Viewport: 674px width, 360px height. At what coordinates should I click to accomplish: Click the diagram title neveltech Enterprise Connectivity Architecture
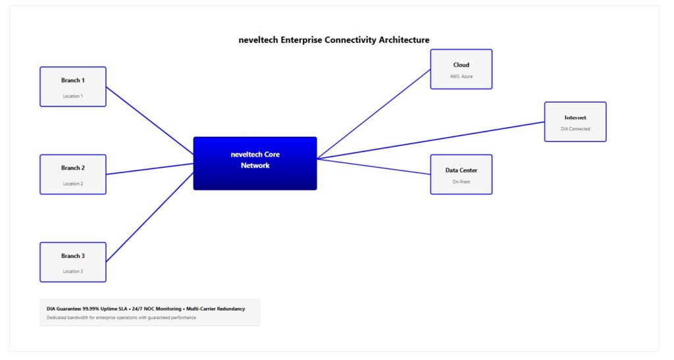click(334, 40)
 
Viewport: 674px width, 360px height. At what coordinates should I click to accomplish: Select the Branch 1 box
click(72, 86)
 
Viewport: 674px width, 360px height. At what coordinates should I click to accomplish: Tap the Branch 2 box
click(72, 174)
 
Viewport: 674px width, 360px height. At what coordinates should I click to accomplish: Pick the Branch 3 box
click(72, 262)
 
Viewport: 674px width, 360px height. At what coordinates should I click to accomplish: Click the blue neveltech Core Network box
click(255, 163)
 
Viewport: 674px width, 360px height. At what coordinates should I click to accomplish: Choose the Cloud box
click(461, 69)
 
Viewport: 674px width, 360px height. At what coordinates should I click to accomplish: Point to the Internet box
click(575, 122)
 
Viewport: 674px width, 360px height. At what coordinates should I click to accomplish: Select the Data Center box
click(461, 174)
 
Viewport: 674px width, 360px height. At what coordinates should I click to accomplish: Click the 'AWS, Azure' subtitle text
click(461, 76)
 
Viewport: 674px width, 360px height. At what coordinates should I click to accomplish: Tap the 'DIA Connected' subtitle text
click(575, 129)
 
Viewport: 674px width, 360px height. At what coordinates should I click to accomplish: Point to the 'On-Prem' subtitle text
click(461, 182)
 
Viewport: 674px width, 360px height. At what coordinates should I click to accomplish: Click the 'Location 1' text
click(72, 96)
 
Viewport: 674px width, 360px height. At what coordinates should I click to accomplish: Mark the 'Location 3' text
click(72, 271)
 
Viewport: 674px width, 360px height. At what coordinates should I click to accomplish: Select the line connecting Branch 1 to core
click(149, 120)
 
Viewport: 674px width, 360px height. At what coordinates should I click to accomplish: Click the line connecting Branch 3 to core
click(149, 217)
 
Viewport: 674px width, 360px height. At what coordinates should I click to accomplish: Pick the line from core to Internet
click(431, 140)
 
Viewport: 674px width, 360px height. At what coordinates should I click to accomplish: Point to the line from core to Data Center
click(373, 167)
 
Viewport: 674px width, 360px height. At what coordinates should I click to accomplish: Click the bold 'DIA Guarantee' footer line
click(145, 309)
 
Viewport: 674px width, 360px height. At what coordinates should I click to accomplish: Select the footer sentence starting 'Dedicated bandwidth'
click(121, 318)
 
